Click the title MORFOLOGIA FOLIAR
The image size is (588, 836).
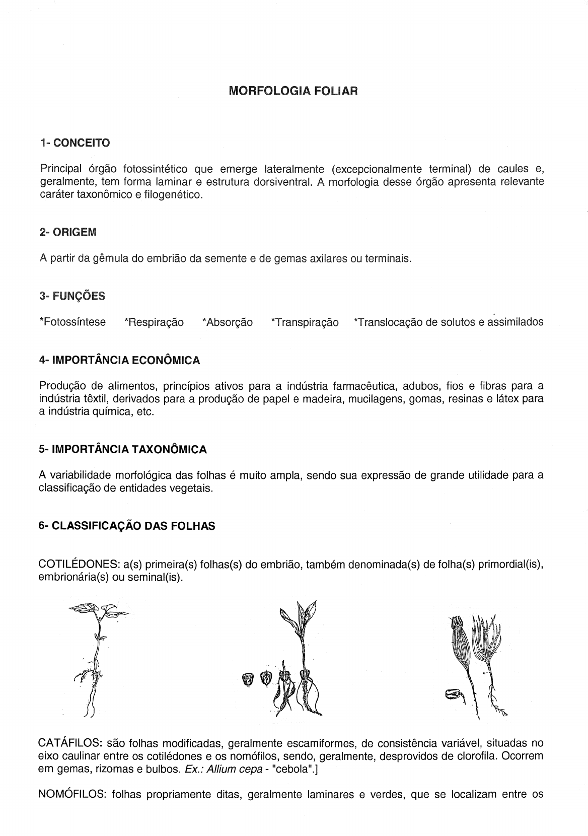tap(293, 91)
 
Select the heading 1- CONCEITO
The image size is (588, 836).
tap(75, 143)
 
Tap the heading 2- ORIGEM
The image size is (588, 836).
tap(68, 233)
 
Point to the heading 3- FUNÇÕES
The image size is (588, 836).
tap(72, 296)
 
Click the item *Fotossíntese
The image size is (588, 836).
tap(72, 322)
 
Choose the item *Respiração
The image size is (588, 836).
tap(154, 322)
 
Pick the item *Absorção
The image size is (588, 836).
tap(227, 322)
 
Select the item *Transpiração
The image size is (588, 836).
tap(305, 322)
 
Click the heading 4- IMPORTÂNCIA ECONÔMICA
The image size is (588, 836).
tap(119, 361)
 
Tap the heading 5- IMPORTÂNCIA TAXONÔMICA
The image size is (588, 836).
tap(122, 450)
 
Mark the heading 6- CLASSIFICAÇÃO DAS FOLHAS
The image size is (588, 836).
tap(127, 526)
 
